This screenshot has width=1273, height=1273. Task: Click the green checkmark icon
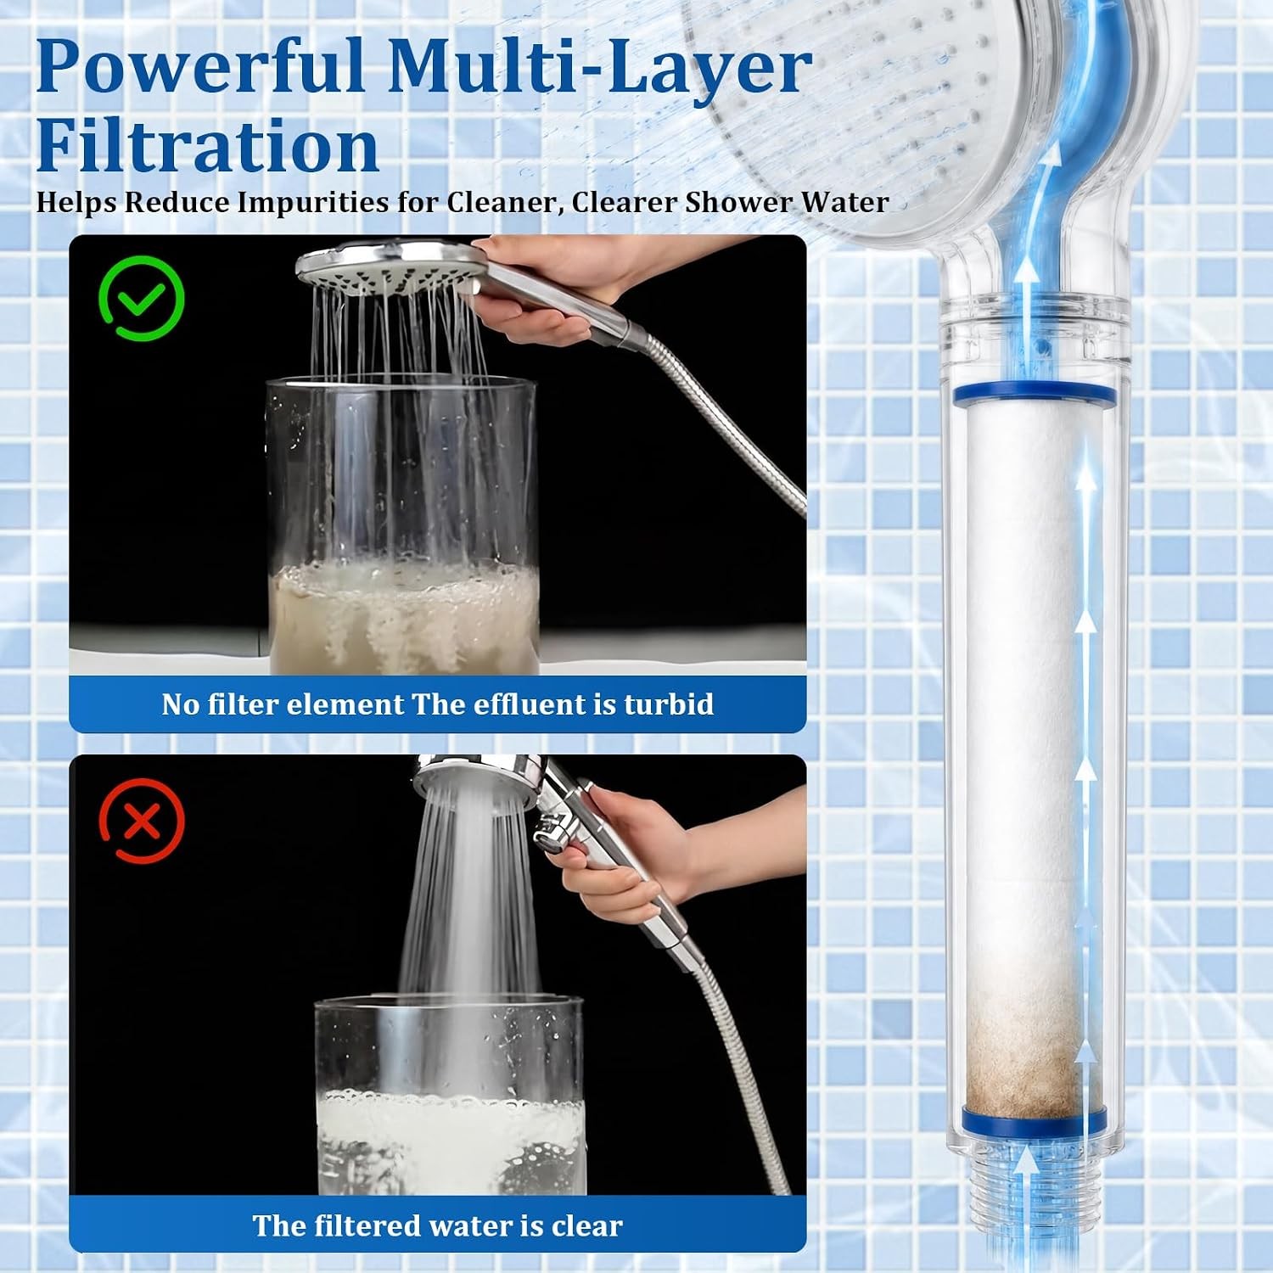point(141,298)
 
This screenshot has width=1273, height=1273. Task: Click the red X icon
point(142,821)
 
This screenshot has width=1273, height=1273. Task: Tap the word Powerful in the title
point(200,68)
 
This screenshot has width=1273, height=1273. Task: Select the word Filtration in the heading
point(207,146)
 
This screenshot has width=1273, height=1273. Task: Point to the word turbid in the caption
point(669,704)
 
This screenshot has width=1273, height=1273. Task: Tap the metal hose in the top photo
point(721,424)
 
